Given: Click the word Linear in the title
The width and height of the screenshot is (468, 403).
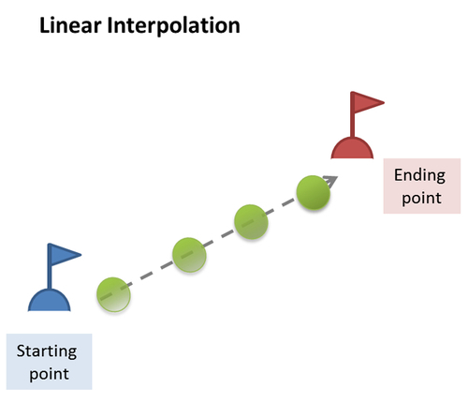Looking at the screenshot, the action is click(x=70, y=25).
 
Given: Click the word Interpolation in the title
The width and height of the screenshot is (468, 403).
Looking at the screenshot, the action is click(x=173, y=26).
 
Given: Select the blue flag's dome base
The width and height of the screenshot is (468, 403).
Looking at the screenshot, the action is click(x=50, y=300).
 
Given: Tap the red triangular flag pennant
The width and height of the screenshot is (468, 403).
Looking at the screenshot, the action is click(x=369, y=102).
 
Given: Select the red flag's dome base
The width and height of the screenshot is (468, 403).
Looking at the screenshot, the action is click(x=352, y=148).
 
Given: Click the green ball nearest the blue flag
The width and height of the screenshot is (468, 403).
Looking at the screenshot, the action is click(x=113, y=294).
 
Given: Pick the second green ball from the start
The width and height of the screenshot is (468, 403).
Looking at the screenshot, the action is click(x=189, y=255).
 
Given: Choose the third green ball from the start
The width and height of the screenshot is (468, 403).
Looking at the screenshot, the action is click(x=251, y=222).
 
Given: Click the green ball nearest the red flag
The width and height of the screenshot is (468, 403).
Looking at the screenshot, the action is click(x=313, y=192).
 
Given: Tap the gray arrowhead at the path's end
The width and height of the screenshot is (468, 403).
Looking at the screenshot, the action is click(x=331, y=181).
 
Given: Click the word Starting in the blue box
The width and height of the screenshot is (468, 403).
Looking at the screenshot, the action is click(x=47, y=351).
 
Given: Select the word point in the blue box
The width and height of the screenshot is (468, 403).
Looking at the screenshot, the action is click(x=49, y=374).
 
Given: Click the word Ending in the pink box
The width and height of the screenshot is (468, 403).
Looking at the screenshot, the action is click(x=419, y=175).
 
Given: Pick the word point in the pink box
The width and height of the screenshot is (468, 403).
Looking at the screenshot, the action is click(x=421, y=198).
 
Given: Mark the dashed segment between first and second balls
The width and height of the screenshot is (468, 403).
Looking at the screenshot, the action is click(x=152, y=275).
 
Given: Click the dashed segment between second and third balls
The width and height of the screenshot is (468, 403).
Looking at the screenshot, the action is click(x=220, y=238).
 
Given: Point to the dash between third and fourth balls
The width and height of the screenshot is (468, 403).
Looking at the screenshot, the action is click(x=283, y=207).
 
